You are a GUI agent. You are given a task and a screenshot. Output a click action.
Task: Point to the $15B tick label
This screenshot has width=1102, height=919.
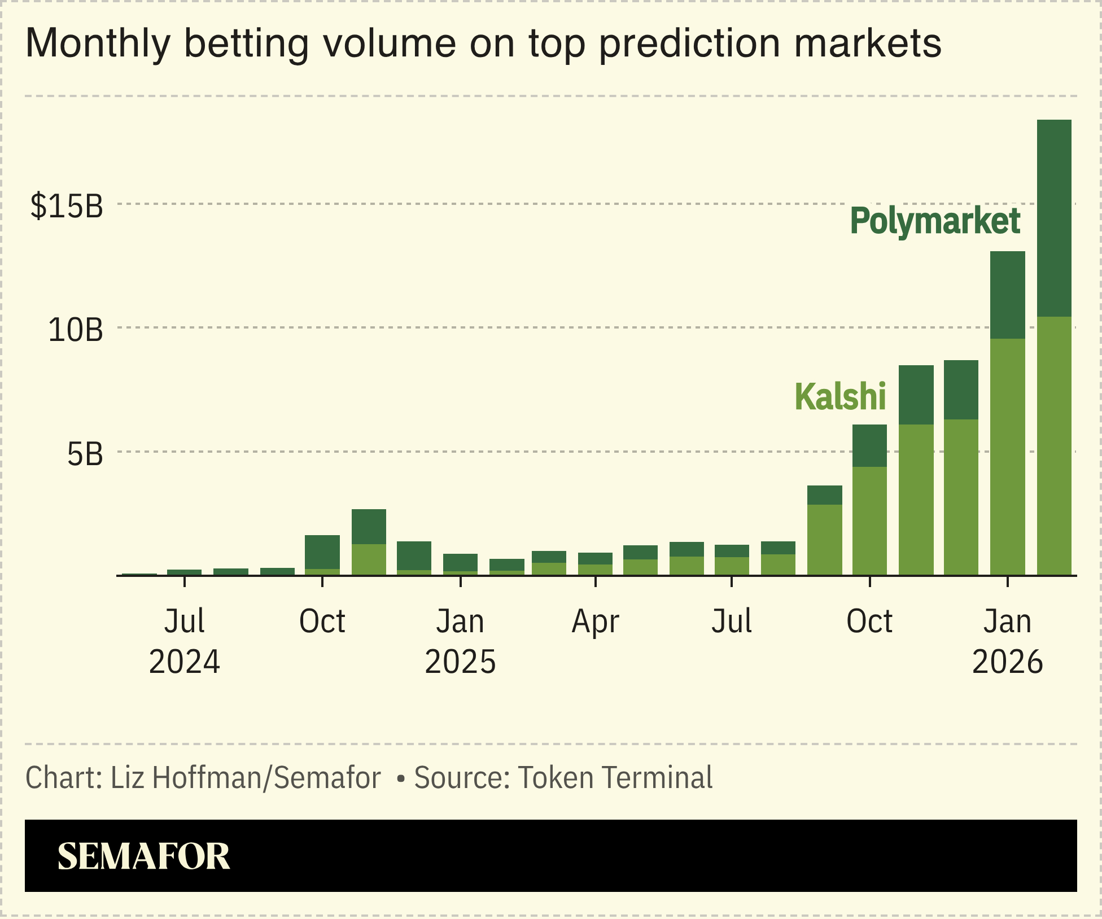67,205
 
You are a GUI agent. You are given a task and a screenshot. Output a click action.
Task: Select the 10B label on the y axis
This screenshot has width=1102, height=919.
76,330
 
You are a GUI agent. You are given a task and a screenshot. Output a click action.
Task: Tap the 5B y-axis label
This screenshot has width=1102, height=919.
85,454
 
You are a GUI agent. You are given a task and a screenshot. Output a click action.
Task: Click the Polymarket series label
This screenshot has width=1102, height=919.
935,221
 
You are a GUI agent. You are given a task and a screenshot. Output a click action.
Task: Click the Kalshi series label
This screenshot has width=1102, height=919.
840,396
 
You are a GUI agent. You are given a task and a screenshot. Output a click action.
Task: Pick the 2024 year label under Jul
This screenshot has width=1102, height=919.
184,662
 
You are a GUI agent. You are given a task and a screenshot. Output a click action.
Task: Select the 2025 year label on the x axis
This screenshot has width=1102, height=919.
460,662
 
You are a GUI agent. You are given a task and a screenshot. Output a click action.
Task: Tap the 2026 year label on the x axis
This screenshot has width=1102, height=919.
1007,662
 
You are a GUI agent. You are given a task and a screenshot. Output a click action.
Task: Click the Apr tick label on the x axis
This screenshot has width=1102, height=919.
595,622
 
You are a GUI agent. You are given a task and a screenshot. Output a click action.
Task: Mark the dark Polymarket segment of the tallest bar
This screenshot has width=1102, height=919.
1054,217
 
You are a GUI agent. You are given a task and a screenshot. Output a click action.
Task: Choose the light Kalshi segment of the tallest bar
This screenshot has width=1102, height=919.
1054,446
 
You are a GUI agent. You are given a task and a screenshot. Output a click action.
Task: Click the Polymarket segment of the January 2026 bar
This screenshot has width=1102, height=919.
1008,295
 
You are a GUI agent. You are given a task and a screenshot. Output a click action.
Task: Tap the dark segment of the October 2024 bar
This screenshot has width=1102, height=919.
322,552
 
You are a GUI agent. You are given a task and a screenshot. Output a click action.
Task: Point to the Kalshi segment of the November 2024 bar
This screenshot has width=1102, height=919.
369,559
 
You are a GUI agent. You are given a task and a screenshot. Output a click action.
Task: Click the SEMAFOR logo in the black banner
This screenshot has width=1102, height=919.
144,856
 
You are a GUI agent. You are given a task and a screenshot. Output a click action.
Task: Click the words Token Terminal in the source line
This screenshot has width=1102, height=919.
615,778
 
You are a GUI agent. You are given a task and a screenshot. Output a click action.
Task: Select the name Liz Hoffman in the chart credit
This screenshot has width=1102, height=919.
186,778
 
